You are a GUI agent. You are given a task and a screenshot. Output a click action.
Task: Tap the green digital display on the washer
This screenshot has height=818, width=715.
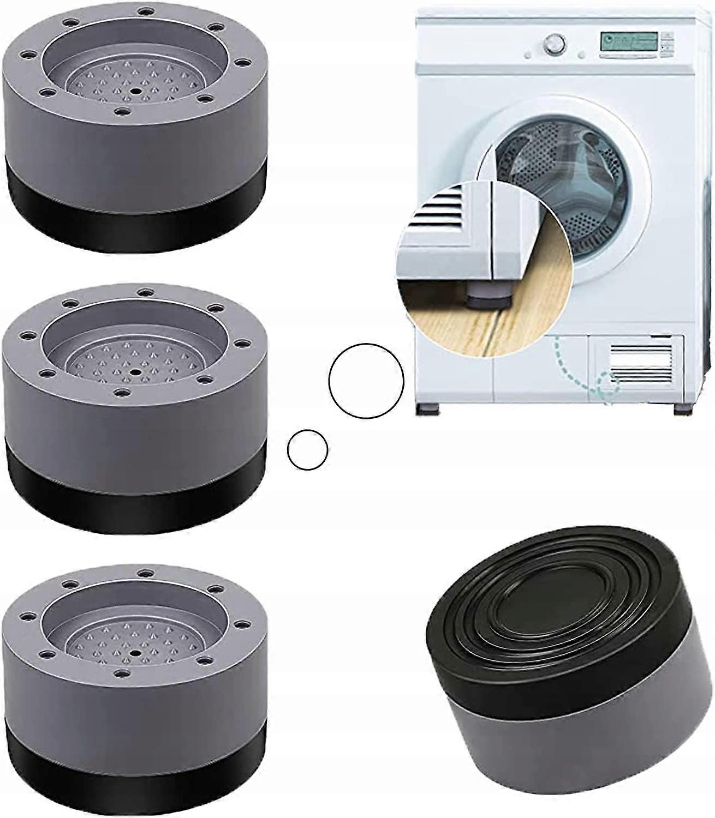(x=619, y=41)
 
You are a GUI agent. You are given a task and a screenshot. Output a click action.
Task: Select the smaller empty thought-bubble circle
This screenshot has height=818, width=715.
(x=307, y=449)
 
